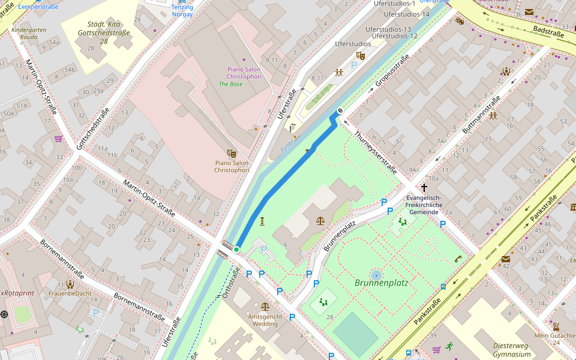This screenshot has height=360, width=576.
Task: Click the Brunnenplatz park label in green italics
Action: [385, 283]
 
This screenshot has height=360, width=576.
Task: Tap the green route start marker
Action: [236, 249]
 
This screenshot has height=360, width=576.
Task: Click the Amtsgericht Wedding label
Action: [265, 320]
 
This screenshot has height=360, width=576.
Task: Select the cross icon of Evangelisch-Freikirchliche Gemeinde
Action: [424, 188]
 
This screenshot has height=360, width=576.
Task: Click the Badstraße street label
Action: [548, 31]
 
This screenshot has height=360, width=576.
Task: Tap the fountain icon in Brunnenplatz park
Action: [376, 275]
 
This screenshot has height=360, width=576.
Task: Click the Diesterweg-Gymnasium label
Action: [513, 350]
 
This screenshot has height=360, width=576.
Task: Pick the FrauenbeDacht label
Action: [70, 293]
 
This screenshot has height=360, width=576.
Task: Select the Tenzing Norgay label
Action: [182, 10]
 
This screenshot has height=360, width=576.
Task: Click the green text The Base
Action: [230, 84]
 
